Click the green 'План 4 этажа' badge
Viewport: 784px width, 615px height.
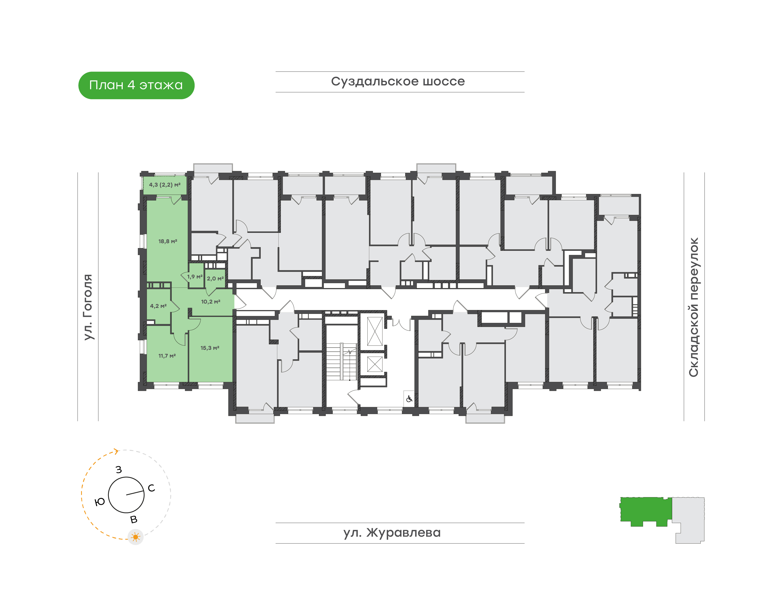coord(136,85)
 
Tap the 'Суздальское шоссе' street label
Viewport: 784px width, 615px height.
coord(398,81)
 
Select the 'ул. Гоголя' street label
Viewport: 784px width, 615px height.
coord(88,307)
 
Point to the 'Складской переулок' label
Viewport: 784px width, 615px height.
coord(694,307)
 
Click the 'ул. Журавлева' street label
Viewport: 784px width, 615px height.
coord(392,533)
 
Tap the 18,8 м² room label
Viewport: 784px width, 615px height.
coord(168,241)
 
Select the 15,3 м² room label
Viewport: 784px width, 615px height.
coord(210,348)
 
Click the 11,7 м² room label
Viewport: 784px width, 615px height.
coord(167,356)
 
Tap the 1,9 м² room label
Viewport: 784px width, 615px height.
coord(195,277)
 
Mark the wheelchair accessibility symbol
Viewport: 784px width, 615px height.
coord(409,399)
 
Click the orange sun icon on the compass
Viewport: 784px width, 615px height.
coord(136,537)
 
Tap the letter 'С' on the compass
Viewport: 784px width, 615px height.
coord(151,488)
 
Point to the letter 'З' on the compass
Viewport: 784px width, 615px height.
coord(119,469)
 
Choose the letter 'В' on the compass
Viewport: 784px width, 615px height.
coord(134,520)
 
